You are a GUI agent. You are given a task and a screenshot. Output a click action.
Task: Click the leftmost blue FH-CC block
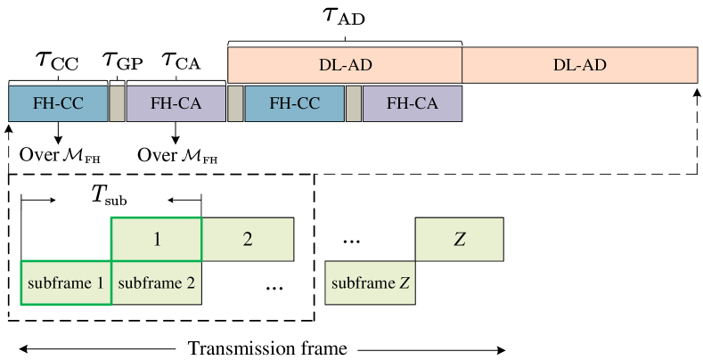[58, 103]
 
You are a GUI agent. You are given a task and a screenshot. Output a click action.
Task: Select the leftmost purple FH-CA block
[176, 103]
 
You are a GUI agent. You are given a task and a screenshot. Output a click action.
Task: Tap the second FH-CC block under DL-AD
[294, 103]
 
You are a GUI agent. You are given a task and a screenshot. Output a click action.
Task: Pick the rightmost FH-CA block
[412, 103]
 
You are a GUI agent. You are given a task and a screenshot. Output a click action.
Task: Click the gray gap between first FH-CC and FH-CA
[117, 103]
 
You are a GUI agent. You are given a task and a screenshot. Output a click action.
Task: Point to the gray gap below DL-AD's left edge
[235, 103]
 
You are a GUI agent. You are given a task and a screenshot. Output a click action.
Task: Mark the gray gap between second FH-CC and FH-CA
[354, 103]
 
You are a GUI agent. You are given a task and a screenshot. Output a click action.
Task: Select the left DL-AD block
[345, 65]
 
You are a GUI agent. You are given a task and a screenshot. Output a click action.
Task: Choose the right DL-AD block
[579, 65]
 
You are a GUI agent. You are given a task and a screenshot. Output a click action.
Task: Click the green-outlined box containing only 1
[156, 239]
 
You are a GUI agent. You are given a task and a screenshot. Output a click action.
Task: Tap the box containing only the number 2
[248, 239]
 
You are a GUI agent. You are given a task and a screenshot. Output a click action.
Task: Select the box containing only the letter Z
[459, 239]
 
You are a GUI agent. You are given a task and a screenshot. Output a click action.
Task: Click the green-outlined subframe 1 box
[66, 283]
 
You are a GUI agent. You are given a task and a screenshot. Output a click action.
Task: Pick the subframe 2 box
[156, 283]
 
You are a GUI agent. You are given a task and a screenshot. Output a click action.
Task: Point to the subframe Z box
[370, 283]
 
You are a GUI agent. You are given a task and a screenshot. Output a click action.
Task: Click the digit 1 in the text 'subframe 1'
[100, 284]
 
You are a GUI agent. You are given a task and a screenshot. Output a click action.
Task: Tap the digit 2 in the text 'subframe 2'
[190, 284]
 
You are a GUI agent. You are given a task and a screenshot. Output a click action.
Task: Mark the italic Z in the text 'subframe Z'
[404, 284]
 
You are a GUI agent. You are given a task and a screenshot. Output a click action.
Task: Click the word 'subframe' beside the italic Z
[363, 284]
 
